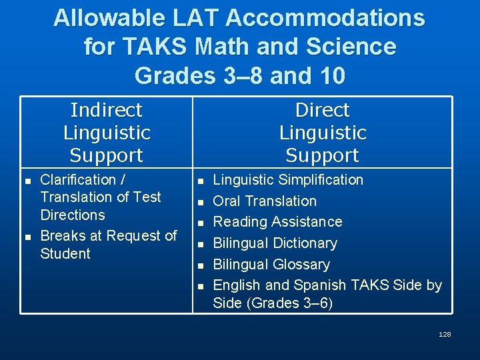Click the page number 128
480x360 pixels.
[x=445, y=334]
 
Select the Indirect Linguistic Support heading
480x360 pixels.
[x=107, y=133]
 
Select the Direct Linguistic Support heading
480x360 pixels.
[x=323, y=133]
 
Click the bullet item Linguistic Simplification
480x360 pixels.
[x=288, y=180]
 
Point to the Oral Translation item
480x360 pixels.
[x=265, y=201]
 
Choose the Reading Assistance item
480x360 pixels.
[x=277, y=222]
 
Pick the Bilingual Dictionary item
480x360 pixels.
[x=275, y=243]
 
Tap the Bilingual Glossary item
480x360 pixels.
[x=271, y=265]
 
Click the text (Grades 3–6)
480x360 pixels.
[x=273, y=303]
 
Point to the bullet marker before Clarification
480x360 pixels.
[x=27, y=181]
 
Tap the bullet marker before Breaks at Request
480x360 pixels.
[x=27, y=237]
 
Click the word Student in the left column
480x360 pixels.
[x=65, y=254]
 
